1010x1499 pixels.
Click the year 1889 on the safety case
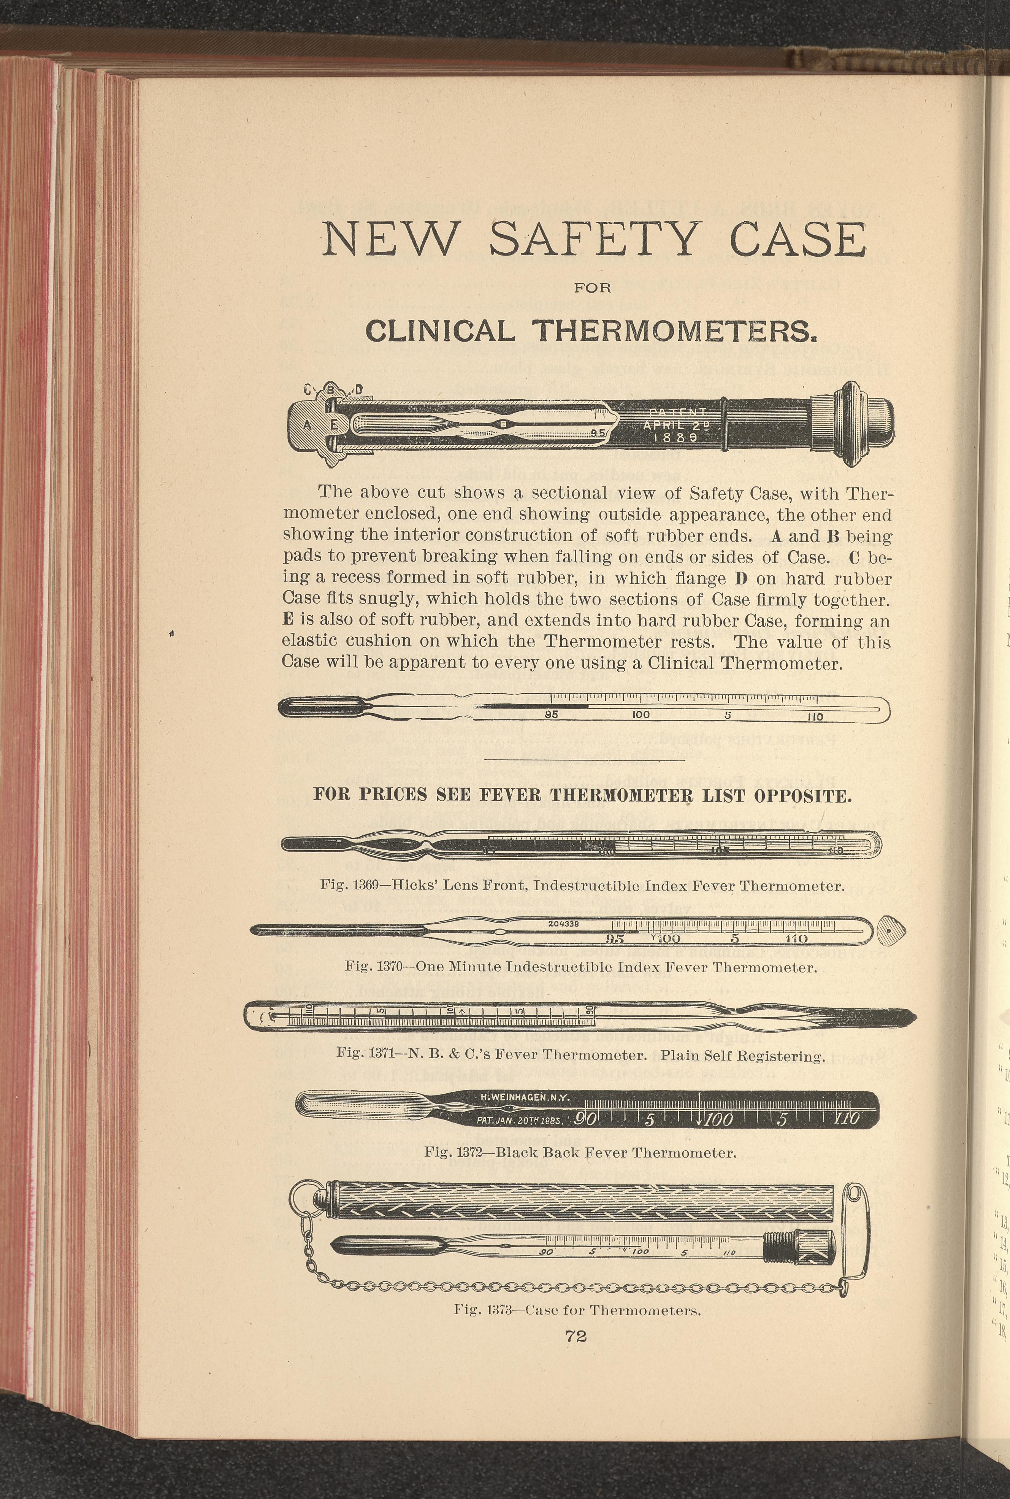click(674, 437)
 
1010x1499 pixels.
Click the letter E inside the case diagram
click(334, 424)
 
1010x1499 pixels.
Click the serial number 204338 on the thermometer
click(564, 923)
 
